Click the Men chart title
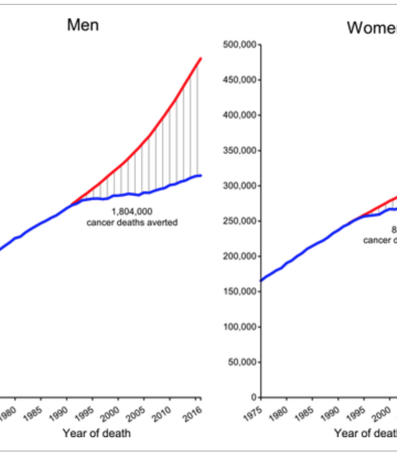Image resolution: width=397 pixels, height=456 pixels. pos(83,25)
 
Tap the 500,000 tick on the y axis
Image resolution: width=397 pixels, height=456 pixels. pos(240,45)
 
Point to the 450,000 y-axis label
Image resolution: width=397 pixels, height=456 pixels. pos(240,80)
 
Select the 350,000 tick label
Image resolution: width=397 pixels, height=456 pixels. pos(240,151)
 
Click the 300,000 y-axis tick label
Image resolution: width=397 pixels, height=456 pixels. pos(240,186)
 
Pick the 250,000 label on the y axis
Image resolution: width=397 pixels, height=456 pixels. pos(240,221)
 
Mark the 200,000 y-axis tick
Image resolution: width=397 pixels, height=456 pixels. pos(240,256)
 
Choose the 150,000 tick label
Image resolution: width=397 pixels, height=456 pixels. pos(240,292)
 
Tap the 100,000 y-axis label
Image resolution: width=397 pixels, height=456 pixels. pos(240,327)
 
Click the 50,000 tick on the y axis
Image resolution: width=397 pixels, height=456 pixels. pos(243,362)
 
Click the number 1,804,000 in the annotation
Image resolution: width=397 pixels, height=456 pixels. pos(132,211)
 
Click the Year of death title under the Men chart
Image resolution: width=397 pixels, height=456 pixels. pos(96,433)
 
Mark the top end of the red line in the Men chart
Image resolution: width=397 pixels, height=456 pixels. pos(201,58)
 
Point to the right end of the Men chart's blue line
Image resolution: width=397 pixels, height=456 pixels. pos(201,175)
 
